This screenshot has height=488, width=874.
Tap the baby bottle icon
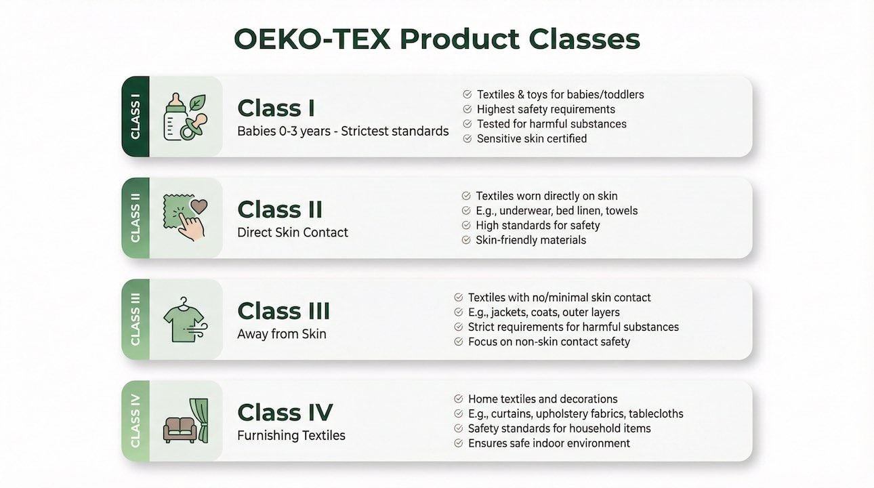pyautogui.click(x=175, y=117)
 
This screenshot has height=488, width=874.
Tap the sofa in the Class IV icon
pyautogui.click(x=180, y=429)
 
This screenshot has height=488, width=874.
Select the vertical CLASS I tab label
pyautogui.click(x=136, y=117)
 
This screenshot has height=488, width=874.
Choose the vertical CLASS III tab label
pyautogui.click(x=136, y=319)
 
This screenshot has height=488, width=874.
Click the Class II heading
pyautogui.click(x=280, y=209)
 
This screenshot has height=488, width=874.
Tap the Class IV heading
pyautogui.click(x=285, y=412)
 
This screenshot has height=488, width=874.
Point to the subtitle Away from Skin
pyautogui.click(x=281, y=333)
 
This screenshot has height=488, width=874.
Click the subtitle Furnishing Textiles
pyautogui.click(x=291, y=435)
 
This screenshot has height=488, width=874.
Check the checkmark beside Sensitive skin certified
pyautogui.click(x=467, y=138)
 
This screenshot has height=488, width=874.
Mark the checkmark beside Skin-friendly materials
pyautogui.click(x=466, y=240)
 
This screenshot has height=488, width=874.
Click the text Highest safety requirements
pyautogui.click(x=546, y=109)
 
